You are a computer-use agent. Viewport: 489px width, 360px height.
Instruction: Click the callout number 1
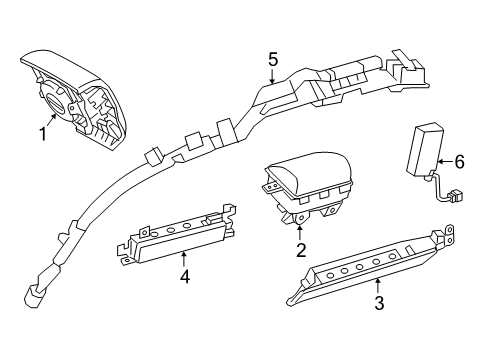tap(42, 134)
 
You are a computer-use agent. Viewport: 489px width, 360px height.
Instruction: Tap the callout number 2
tap(300, 251)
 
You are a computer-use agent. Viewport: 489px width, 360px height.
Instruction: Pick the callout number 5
tap(272, 59)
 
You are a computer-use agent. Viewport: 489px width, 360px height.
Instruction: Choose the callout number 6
tap(459, 160)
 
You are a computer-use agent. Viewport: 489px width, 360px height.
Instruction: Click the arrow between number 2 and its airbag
tap(300, 234)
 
